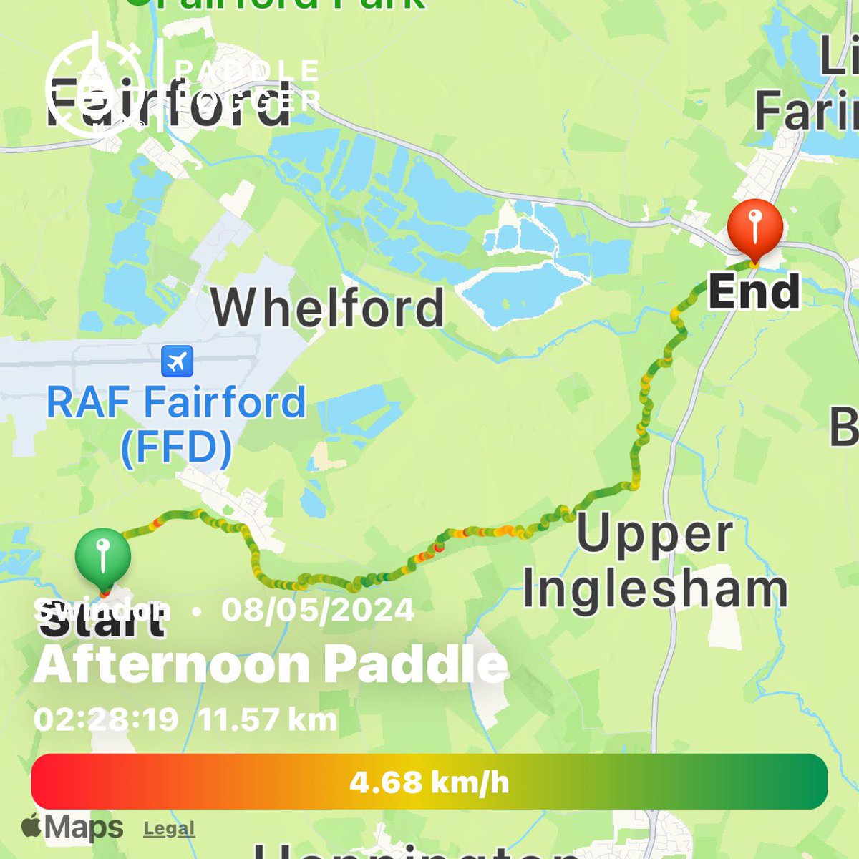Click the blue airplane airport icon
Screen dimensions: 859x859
pyautogui.click(x=176, y=361)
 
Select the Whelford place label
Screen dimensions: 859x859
pyautogui.click(x=328, y=308)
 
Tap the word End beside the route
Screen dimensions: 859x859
pyautogui.click(x=754, y=292)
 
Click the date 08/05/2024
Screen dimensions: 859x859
pyautogui.click(x=317, y=610)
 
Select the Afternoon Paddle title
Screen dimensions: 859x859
pyautogui.click(x=271, y=664)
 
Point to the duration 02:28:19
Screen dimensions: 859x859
pyautogui.click(x=106, y=719)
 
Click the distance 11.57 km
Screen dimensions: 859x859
pyautogui.click(x=268, y=719)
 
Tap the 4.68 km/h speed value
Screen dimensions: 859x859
pyautogui.click(x=429, y=782)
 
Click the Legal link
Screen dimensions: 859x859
pyautogui.click(x=169, y=829)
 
